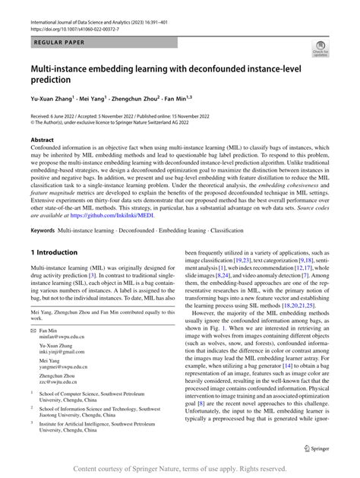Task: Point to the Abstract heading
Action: [42, 140]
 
